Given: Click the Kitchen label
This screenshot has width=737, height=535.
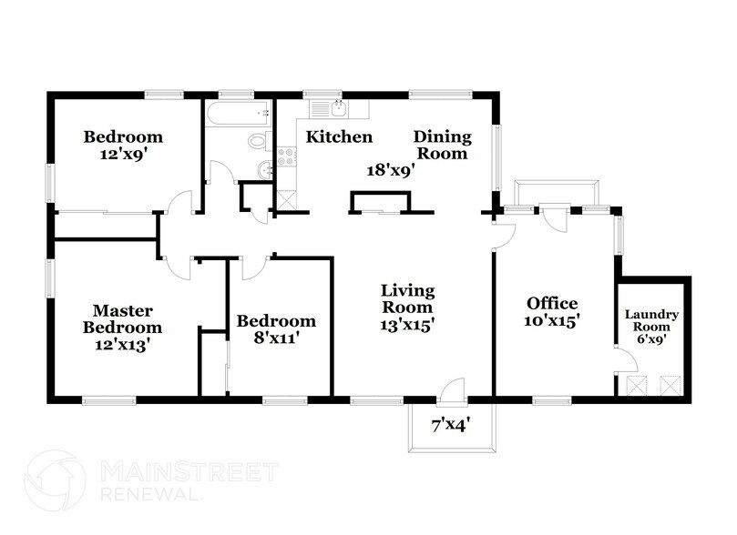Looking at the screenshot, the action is point(339,136).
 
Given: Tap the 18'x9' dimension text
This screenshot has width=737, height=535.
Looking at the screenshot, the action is point(390,170).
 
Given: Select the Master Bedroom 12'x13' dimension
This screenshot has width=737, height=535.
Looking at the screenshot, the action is point(122,345).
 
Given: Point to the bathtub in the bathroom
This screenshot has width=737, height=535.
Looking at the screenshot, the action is point(239,113).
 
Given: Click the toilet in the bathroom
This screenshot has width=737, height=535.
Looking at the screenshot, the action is point(260,141).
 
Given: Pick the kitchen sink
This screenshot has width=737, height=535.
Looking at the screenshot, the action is point(339,109).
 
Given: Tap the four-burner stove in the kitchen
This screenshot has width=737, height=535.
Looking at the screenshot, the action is point(287,156).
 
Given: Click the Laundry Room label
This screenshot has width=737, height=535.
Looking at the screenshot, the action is point(651,320).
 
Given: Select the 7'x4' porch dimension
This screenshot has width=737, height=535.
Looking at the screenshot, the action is point(451,425).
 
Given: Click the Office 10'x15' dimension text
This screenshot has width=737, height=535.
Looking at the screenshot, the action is point(552,320).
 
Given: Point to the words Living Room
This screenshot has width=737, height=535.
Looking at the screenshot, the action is point(407,298).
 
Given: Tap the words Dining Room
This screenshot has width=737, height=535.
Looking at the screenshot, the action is point(443,145).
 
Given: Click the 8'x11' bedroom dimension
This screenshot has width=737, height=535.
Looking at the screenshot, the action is point(277,338).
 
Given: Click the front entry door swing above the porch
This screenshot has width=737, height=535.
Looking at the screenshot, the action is point(452,389).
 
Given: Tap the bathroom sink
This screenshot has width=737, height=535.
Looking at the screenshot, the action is point(266,169).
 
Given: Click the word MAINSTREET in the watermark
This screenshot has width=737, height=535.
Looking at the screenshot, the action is point(189,472).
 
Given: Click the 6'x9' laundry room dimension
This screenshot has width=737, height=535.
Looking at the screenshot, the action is point(651,338).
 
